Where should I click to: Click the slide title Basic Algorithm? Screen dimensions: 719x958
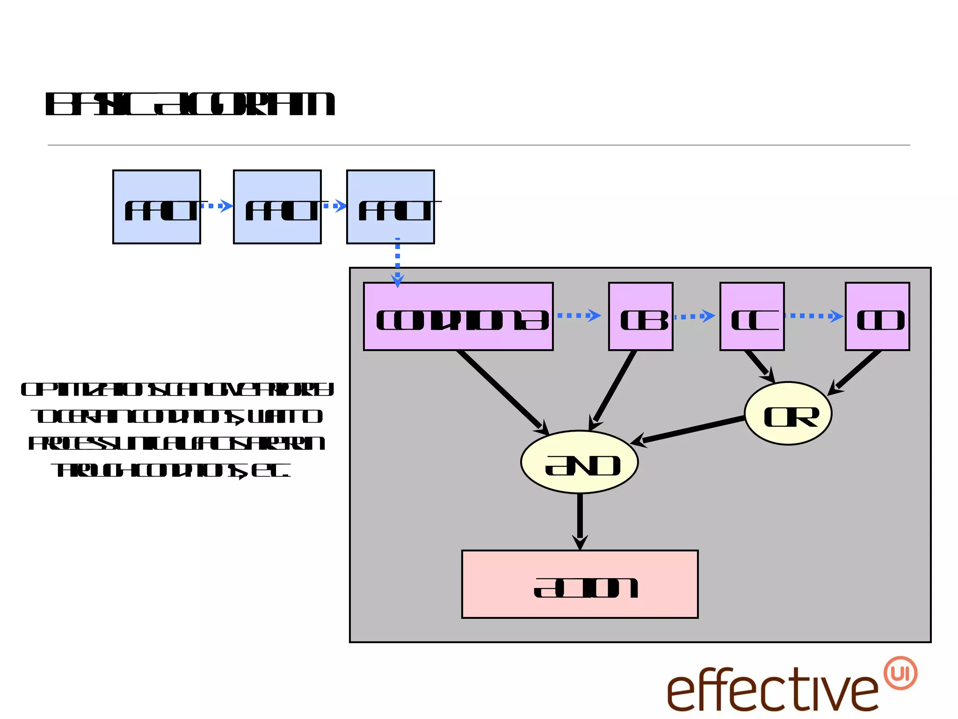point(190,104)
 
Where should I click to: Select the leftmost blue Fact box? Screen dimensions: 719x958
point(157,207)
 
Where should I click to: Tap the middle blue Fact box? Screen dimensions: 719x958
point(277,207)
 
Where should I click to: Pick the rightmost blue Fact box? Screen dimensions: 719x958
point(391,207)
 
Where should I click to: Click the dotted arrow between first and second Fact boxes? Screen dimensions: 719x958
point(217,206)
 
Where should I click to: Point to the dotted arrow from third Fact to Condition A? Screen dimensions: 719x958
point(398,262)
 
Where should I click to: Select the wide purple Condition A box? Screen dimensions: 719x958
point(458,316)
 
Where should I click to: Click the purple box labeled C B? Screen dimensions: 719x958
point(641,316)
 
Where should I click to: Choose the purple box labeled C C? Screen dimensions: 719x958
point(752,316)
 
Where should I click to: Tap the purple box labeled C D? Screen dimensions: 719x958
point(878,316)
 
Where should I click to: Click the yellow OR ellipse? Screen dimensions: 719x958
point(788,414)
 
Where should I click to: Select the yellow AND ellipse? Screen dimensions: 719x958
point(580,462)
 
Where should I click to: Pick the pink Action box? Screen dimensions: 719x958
point(580,585)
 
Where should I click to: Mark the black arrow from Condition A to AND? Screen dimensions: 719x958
point(501,390)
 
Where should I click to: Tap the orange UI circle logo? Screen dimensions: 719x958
point(900,673)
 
